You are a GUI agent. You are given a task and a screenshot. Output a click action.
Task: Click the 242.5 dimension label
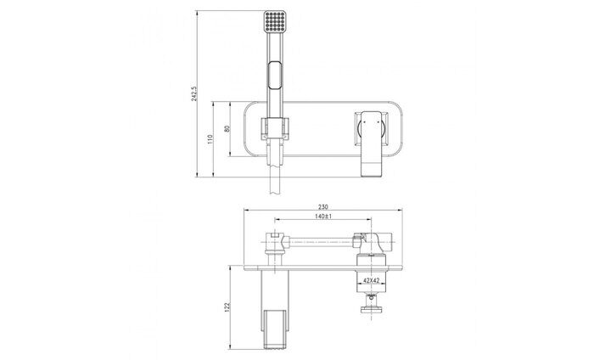[x=194, y=93]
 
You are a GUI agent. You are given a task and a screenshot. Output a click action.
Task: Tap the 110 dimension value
[x=210, y=139]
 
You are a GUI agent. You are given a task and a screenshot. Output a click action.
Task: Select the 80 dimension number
[x=227, y=128]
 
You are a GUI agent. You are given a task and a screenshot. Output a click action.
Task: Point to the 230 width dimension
[x=322, y=207]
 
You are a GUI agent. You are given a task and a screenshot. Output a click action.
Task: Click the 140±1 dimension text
[x=323, y=217]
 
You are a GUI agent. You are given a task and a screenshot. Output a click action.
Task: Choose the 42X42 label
[x=372, y=280]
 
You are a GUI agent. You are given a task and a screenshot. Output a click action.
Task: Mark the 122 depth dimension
[x=227, y=307]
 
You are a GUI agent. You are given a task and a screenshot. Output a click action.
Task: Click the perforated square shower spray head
[x=275, y=21]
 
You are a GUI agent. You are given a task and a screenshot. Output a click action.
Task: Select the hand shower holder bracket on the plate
[x=275, y=128]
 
